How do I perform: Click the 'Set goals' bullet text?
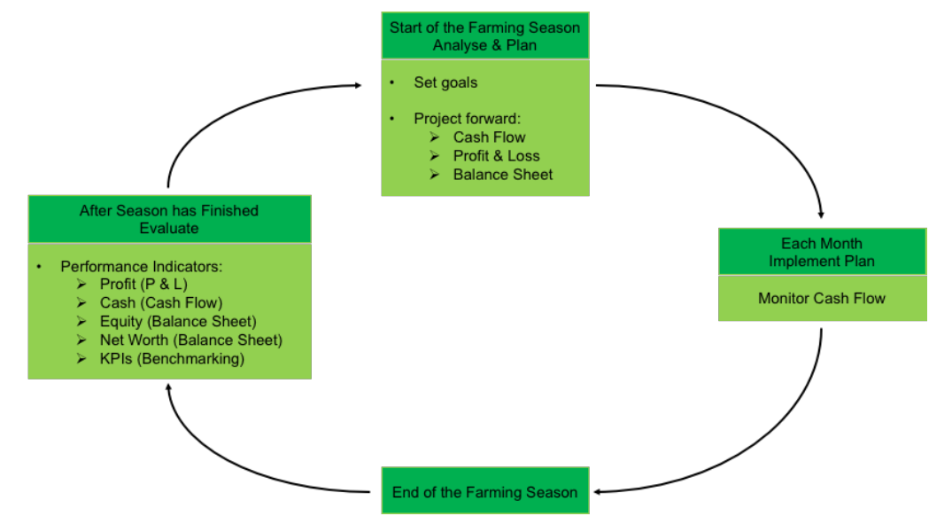click(x=445, y=82)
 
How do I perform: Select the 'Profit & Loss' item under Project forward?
click(x=496, y=156)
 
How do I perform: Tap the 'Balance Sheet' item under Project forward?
click(x=502, y=175)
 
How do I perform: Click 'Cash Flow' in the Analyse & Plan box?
click(x=489, y=137)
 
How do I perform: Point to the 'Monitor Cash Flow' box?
click(x=821, y=298)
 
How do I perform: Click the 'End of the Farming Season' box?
click(x=484, y=492)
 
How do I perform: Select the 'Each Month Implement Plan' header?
click(x=821, y=252)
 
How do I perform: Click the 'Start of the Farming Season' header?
click(x=484, y=36)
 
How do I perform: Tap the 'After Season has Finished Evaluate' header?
click(x=169, y=219)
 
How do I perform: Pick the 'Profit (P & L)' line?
click(x=143, y=285)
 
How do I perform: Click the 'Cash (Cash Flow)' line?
click(x=160, y=303)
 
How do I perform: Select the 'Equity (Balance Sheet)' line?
click(x=177, y=322)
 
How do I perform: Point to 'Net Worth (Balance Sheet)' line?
click(x=190, y=340)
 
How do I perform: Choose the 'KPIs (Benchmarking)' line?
click(x=172, y=359)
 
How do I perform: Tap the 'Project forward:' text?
click(x=467, y=119)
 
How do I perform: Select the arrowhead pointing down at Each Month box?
click(x=821, y=215)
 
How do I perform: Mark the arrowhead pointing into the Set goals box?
click(x=357, y=86)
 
